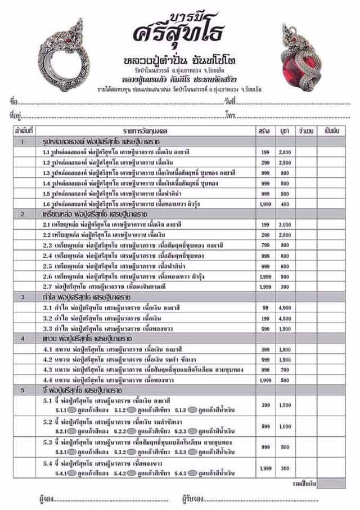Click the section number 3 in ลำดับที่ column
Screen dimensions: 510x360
click(x=22, y=297)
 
